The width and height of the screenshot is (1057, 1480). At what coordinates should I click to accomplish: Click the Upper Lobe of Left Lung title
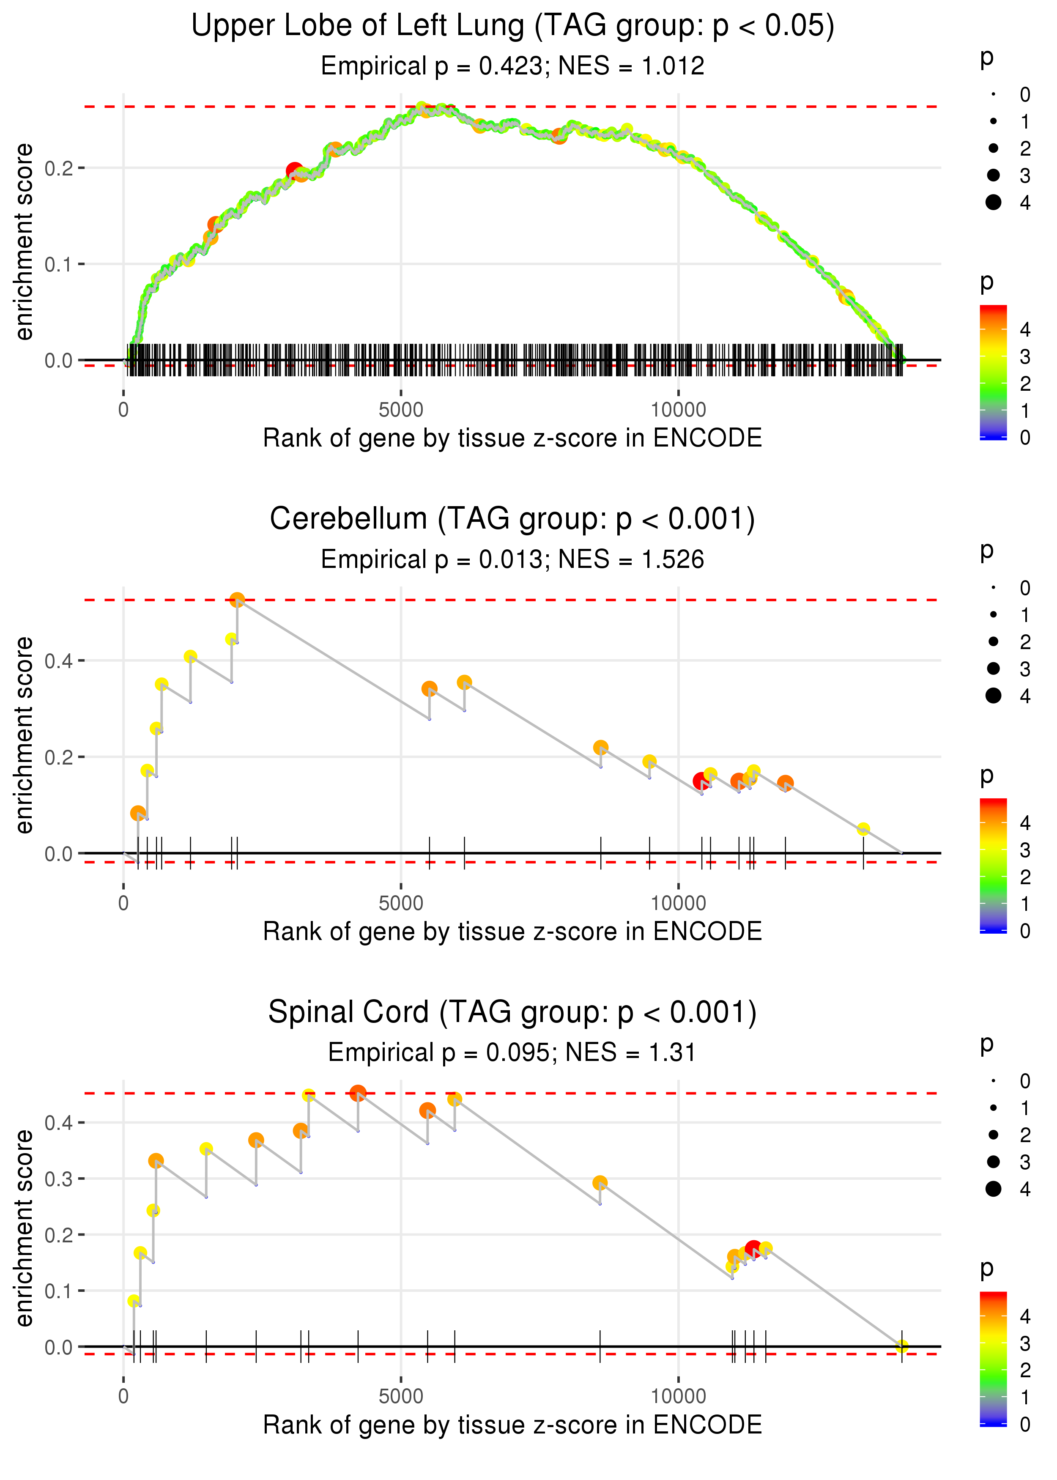512,26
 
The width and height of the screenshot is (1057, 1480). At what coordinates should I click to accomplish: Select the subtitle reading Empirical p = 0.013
512,560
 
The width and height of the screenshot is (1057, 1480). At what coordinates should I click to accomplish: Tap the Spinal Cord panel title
512,1013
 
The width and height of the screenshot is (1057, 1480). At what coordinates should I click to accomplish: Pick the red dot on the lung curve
294,170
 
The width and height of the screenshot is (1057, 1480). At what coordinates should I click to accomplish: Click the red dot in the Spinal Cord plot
753,1248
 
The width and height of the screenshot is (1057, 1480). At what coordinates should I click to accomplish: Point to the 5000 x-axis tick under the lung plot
401,410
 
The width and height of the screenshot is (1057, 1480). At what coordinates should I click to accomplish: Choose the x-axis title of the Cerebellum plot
512,932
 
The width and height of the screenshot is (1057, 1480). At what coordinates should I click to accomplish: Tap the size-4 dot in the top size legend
993,203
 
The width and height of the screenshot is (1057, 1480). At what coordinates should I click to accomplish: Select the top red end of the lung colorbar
993,310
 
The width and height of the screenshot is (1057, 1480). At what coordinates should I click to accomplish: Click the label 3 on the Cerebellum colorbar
1025,850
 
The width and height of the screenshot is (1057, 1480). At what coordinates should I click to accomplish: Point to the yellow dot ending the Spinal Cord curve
901,1346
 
